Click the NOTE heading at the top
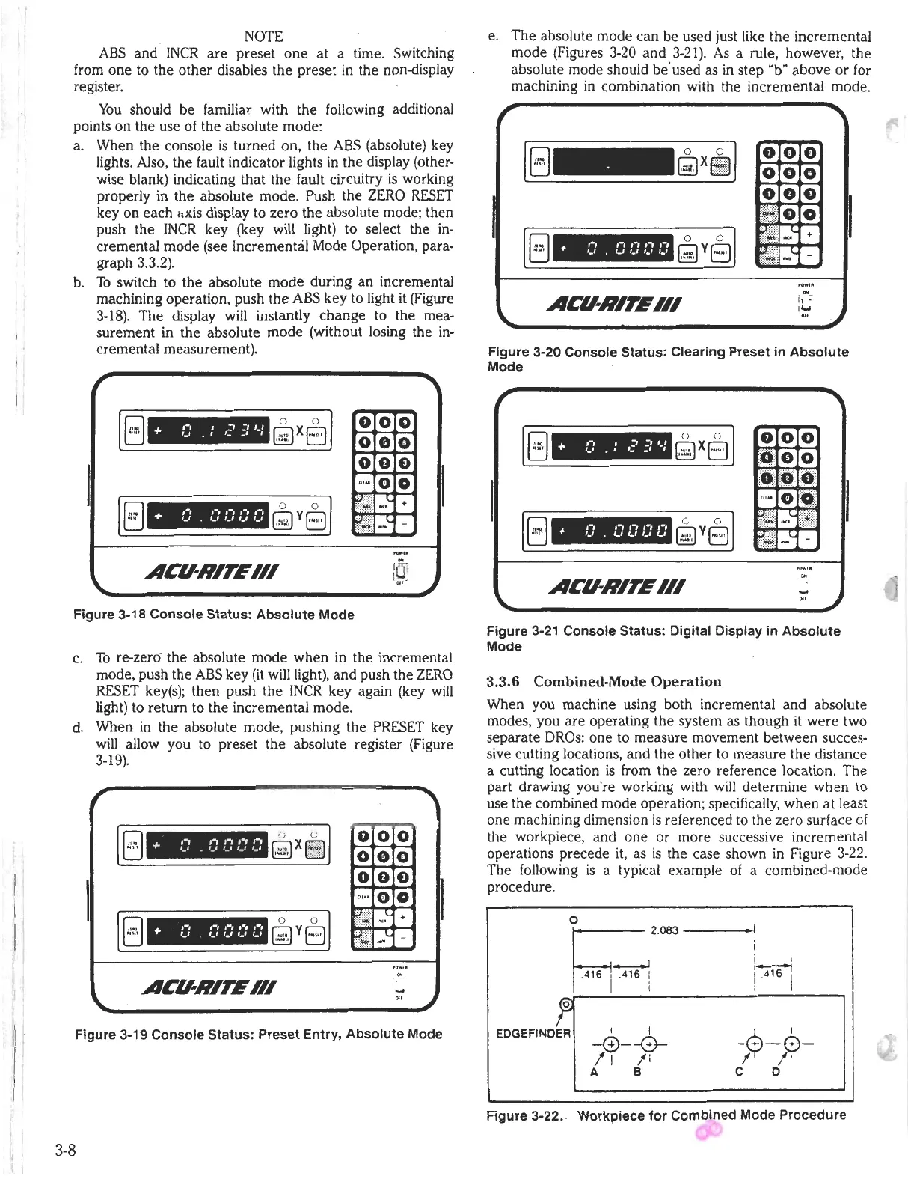[x=263, y=36]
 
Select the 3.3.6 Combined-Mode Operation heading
[x=604, y=682]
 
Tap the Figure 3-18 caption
[x=213, y=615]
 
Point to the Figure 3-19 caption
[x=258, y=1034]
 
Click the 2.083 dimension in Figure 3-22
[x=663, y=930]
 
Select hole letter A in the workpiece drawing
[x=593, y=1070]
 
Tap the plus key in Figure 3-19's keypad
[x=404, y=918]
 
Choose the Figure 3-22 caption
[x=666, y=1115]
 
